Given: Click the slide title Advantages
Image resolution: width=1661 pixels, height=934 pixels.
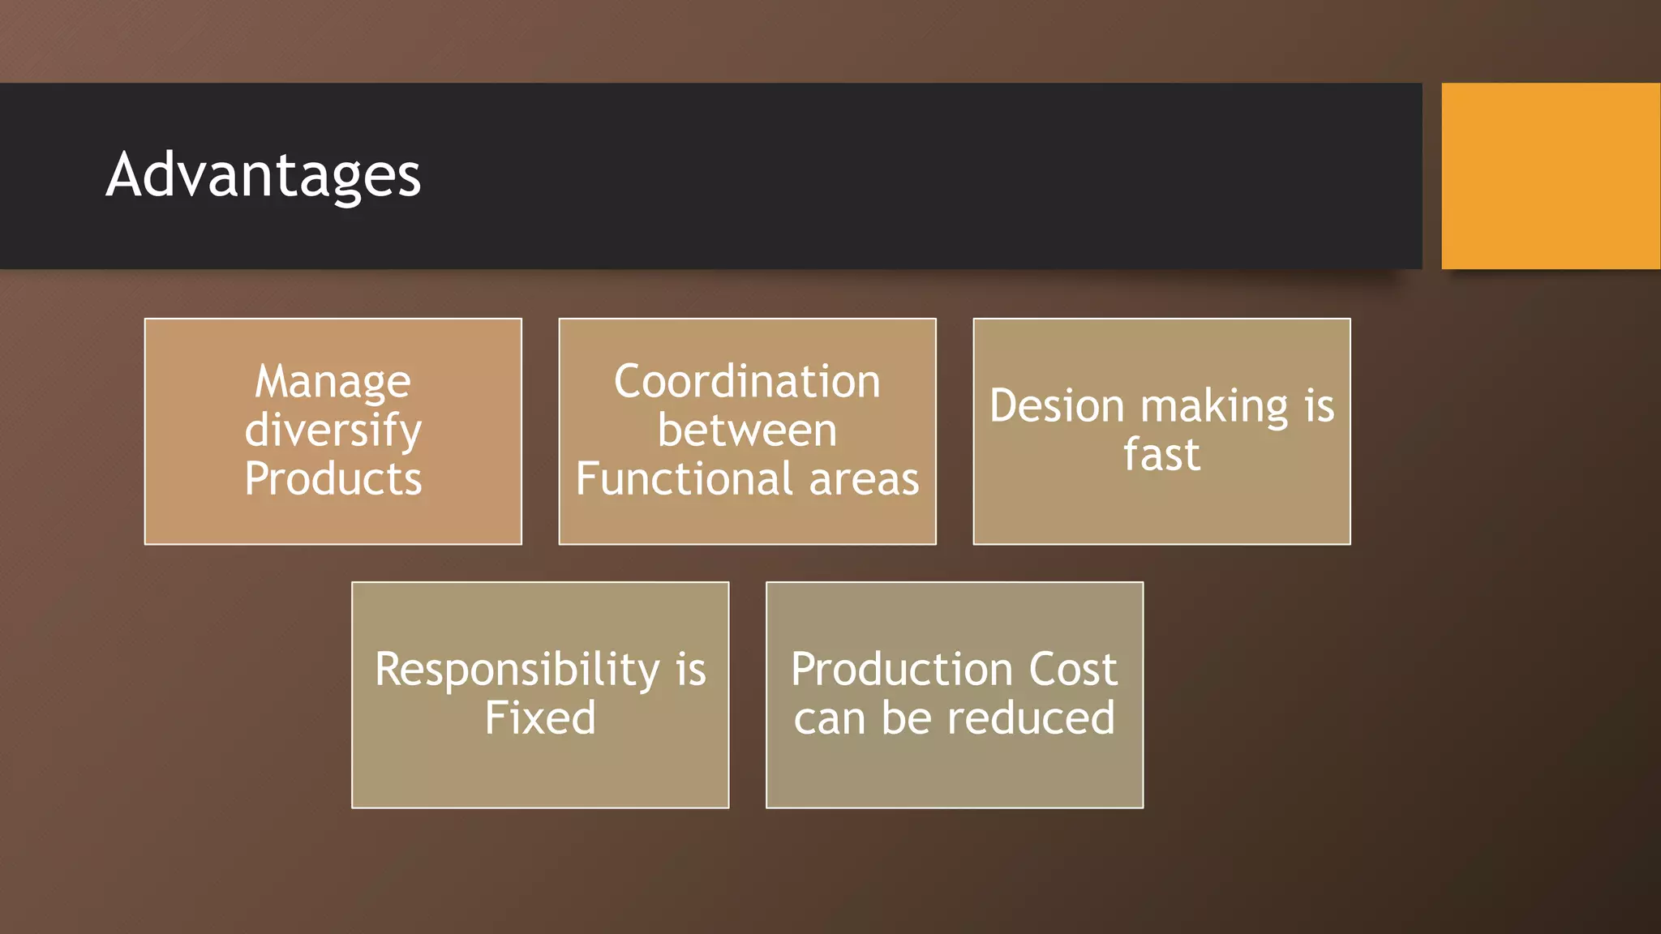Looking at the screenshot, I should point(264,176).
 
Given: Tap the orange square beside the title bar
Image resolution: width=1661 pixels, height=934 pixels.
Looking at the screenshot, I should point(1550,176).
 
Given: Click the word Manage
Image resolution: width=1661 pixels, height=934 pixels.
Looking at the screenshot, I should point(333,382).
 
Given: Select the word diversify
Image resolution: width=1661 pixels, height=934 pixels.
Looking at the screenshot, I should point(333,431).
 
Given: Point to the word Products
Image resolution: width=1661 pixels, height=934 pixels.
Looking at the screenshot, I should point(333,479).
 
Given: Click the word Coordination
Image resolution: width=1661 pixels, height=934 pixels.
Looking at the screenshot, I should point(747,382).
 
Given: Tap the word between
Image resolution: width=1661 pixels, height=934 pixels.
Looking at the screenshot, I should point(747,431).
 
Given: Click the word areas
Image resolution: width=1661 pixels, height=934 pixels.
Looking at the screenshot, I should point(865,479).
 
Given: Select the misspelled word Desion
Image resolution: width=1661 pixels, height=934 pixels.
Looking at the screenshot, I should point(1057,406).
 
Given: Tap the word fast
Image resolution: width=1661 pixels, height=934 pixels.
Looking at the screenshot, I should point(1161,455).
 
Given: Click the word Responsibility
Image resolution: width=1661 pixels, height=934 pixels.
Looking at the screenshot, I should point(517,671).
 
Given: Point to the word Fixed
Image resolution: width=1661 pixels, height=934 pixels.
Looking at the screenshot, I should point(540,718).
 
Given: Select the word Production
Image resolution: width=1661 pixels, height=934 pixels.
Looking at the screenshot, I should point(902,670).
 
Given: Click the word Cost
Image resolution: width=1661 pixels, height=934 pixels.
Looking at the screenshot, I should point(1073,670).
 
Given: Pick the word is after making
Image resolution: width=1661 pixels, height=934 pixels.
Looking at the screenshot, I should point(1320,406).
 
